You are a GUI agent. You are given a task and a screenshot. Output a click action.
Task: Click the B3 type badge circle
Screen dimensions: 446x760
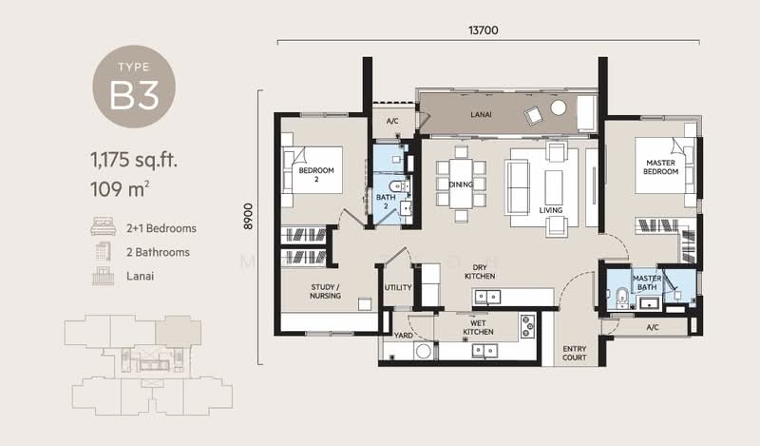click(134, 87)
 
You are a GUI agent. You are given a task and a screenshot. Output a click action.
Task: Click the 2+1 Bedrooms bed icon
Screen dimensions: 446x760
click(101, 228)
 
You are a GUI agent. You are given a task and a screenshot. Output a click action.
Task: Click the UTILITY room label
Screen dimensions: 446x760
click(397, 287)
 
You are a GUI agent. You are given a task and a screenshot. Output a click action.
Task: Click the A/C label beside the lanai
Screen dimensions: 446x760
click(391, 121)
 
